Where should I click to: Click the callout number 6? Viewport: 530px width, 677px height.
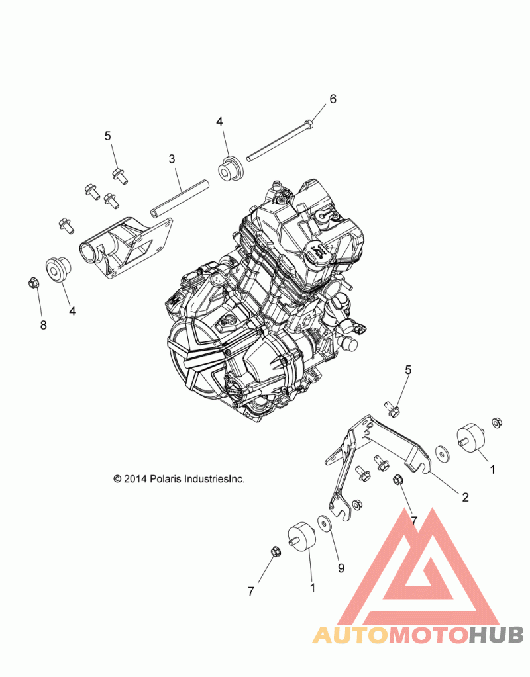[333, 99]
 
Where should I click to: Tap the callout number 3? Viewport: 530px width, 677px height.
[172, 159]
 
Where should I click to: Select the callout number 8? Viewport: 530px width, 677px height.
[43, 325]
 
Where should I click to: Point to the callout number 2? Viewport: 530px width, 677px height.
[465, 498]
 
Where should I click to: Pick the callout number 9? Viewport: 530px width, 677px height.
[341, 568]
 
